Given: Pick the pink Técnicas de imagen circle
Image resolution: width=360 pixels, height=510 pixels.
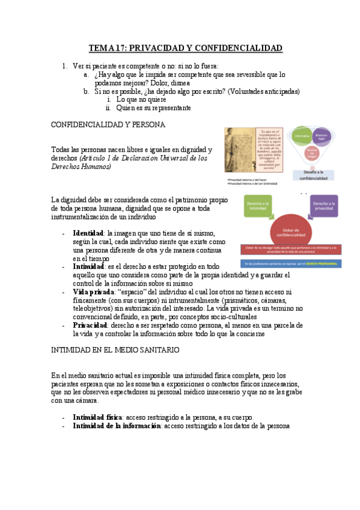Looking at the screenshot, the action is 311,155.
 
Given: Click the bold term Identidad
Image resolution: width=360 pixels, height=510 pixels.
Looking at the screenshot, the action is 88,233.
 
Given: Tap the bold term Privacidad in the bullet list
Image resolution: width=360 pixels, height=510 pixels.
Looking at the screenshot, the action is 92,325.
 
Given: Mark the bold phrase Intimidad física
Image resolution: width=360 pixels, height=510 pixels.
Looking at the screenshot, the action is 97,417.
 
